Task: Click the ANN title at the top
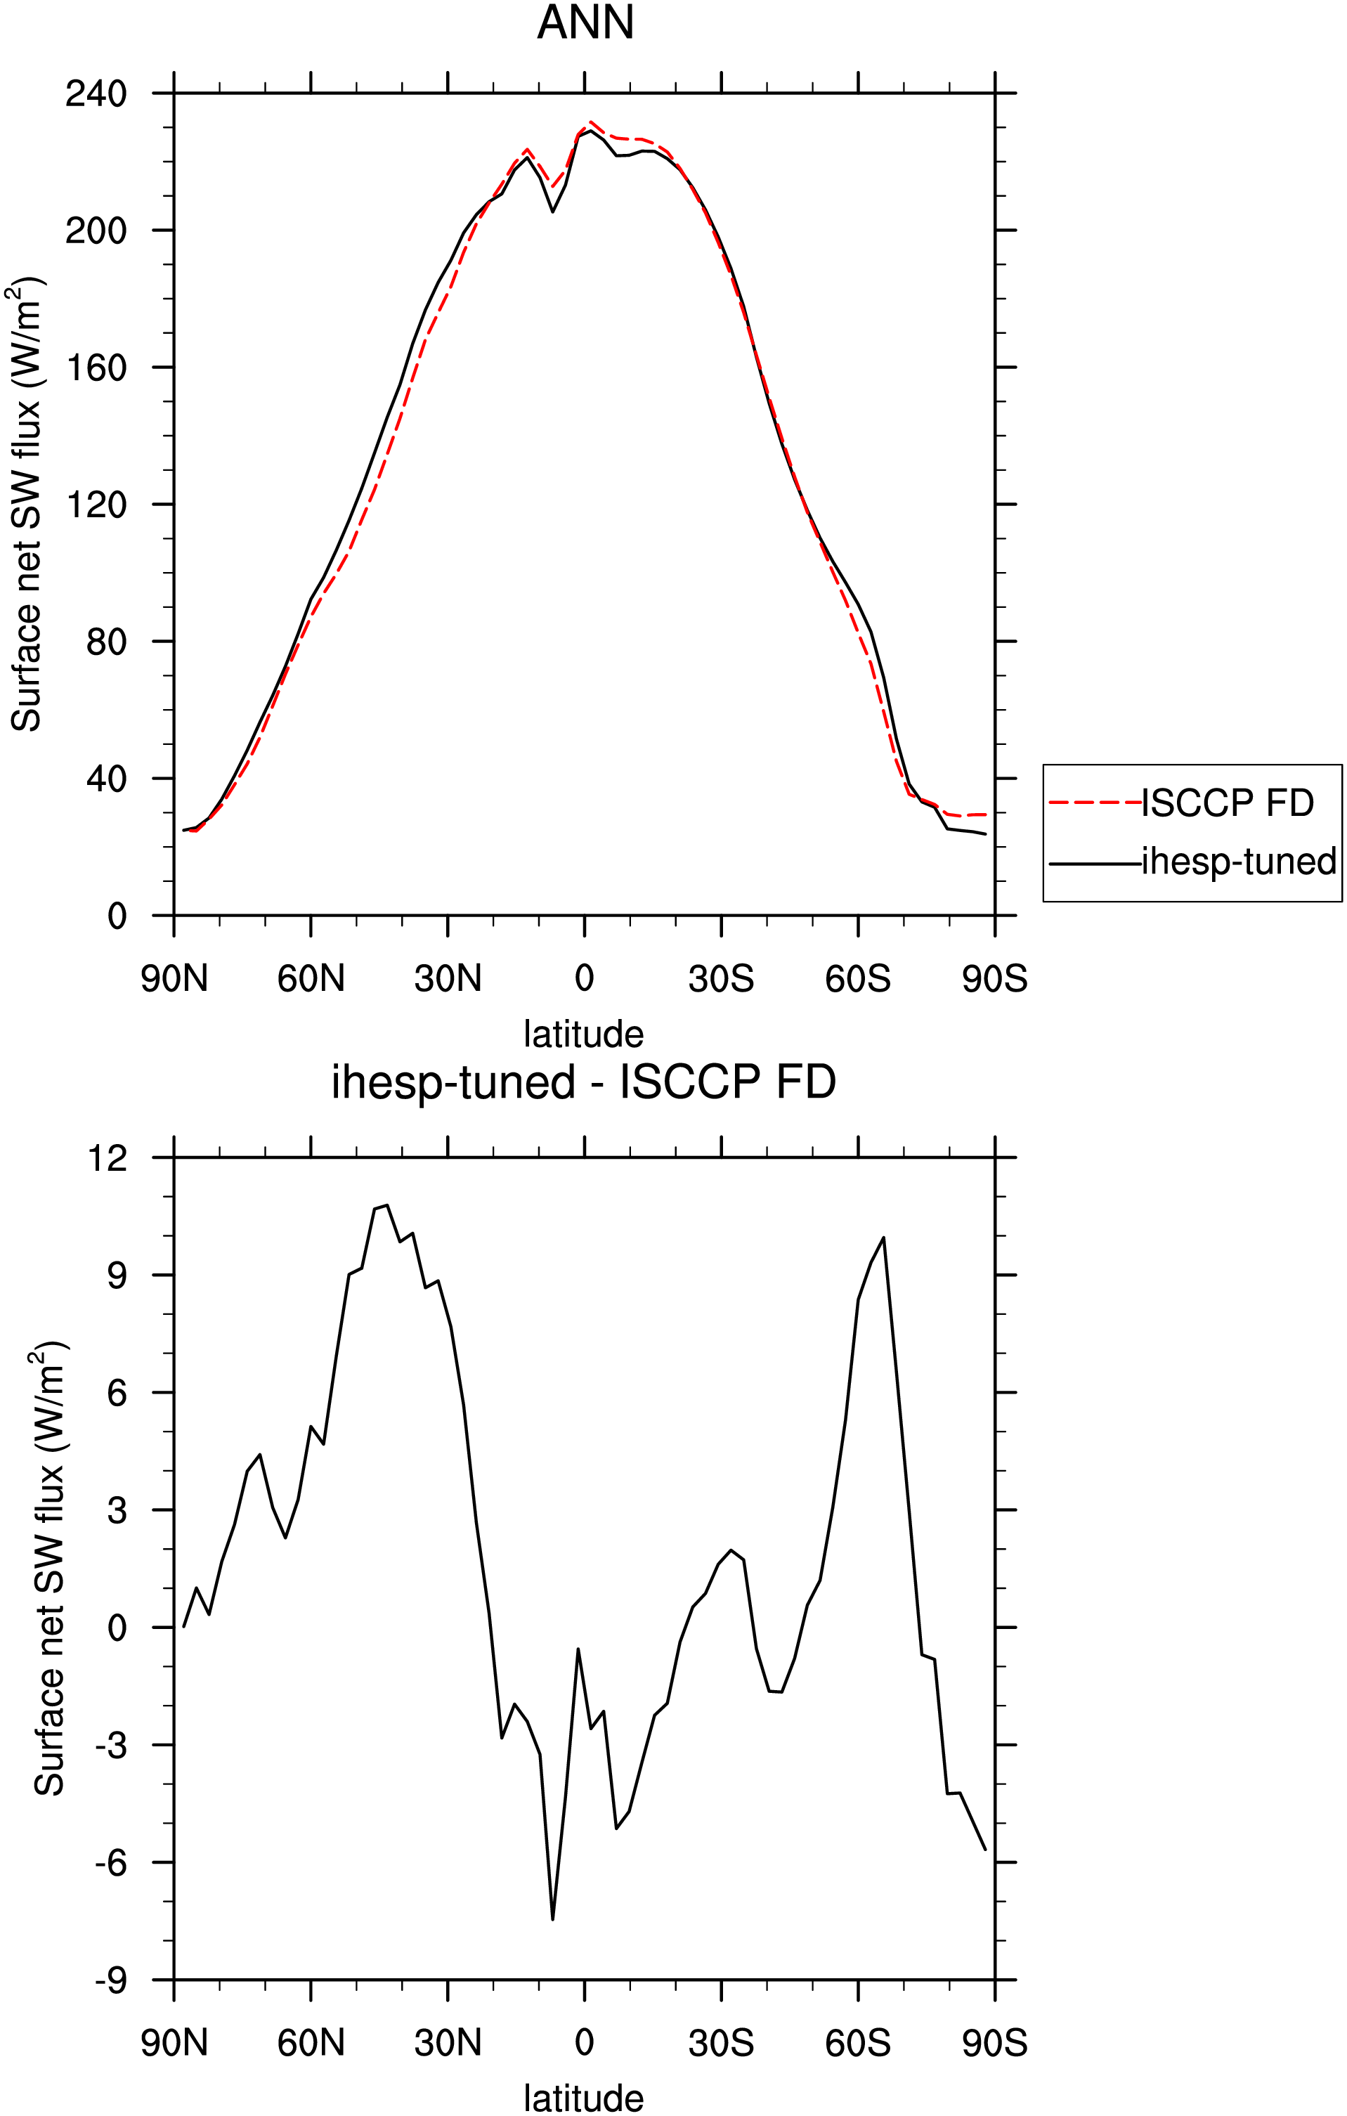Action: [x=585, y=23]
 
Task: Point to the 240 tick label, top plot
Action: [x=97, y=93]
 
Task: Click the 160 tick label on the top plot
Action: [x=97, y=368]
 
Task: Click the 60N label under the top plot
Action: [x=311, y=978]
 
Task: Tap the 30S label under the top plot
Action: [x=722, y=978]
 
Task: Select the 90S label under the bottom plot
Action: [x=995, y=2042]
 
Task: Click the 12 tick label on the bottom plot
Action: [x=108, y=1158]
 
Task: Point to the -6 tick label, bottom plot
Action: [x=112, y=1862]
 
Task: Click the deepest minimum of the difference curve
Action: [x=553, y=1919]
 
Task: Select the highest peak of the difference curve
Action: [x=386, y=1205]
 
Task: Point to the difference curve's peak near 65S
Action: [x=883, y=1238]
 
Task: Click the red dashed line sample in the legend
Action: [x=1095, y=803]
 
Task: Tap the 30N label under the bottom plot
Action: [x=448, y=2042]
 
